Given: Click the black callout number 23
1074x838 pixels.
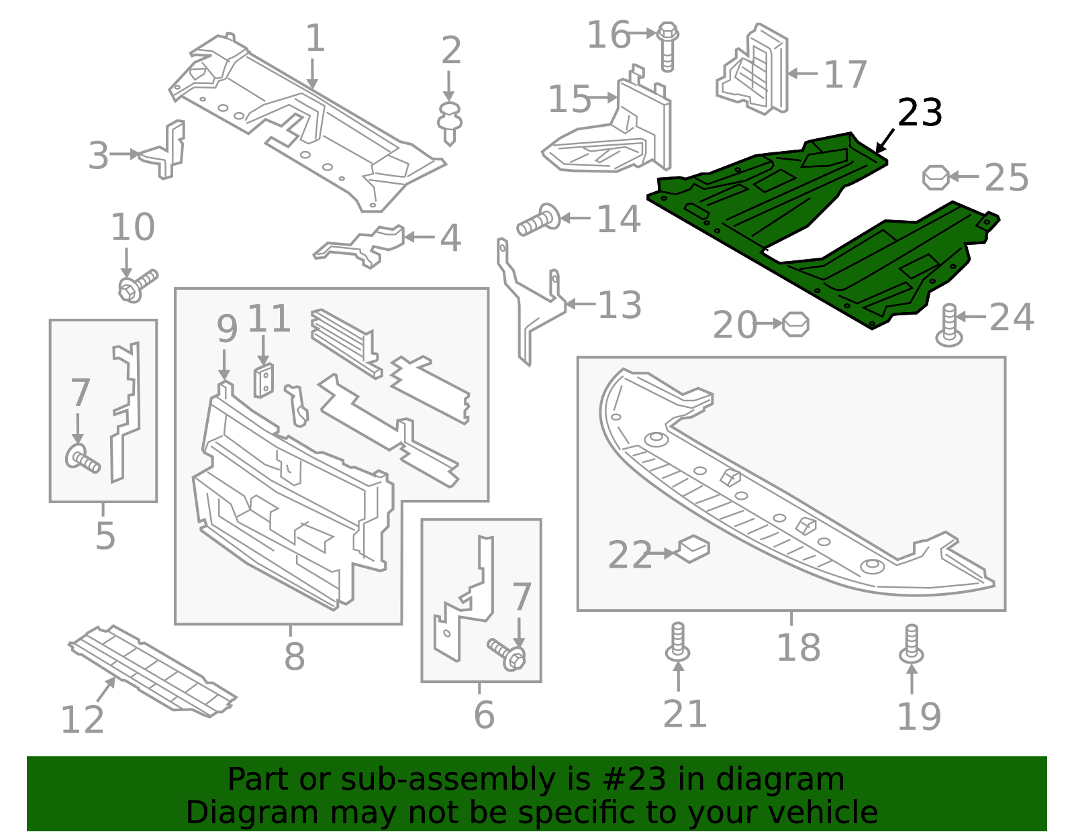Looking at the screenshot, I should pyautogui.click(x=920, y=113).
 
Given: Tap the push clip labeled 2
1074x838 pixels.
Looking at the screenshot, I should pyautogui.click(x=450, y=123).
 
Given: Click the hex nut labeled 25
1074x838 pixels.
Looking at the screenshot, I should pyautogui.click(x=936, y=177).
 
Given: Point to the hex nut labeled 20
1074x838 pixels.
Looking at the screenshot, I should pyautogui.click(x=795, y=325).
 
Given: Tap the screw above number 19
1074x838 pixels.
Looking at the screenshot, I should pyautogui.click(x=911, y=643).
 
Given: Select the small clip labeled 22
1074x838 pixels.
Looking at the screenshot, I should pyautogui.click(x=693, y=549).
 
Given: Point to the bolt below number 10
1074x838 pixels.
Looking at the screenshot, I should pyautogui.click(x=137, y=285).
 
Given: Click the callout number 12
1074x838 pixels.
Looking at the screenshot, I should pyautogui.click(x=82, y=720).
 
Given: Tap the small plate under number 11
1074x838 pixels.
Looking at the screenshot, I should pyautogui.click(x=264, y=380).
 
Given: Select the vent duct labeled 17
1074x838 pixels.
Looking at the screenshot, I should pyautogui.click(x=755, y=69).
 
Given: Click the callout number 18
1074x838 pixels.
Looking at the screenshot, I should pyautogui.click(x=798, y=648).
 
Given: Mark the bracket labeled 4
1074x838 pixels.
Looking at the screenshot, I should pyautogui.click(x=362, y=244).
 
